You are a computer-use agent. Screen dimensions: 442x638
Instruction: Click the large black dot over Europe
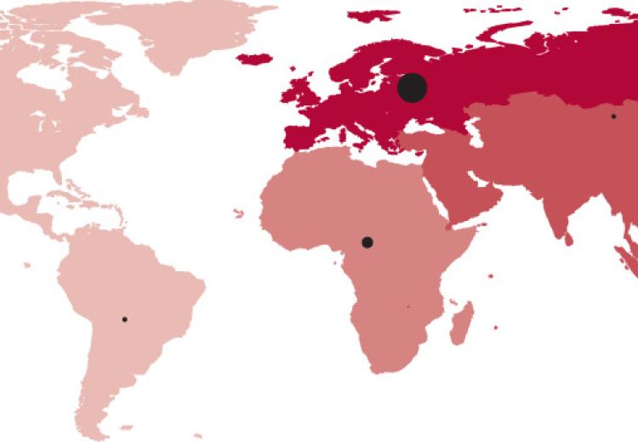[412, 87]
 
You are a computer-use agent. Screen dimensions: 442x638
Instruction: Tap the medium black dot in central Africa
[367, 242]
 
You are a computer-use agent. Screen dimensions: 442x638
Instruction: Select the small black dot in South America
[124, 320]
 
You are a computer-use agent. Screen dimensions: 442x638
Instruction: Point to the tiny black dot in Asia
[612, 116]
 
